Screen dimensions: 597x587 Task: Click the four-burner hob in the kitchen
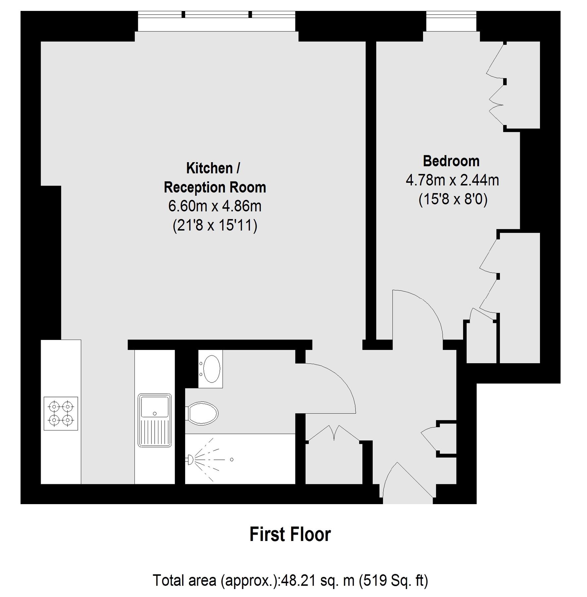click(61, 413)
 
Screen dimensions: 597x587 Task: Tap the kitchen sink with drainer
click(155, 420)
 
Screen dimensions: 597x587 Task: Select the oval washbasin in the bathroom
click(211, 369)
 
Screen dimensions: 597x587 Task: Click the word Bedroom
click(451, 161)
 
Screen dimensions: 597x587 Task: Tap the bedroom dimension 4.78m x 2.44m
click(452, 180)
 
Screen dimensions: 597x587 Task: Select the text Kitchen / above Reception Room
click(213, 168)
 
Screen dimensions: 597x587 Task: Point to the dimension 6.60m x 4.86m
click(215, 206)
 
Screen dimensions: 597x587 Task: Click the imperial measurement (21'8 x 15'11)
click(215, 226)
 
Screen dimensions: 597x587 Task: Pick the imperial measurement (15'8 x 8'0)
click(453, 200)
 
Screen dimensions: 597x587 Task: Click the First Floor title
click(290, 535)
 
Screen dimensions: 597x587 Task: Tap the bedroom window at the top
click(451, 21)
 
